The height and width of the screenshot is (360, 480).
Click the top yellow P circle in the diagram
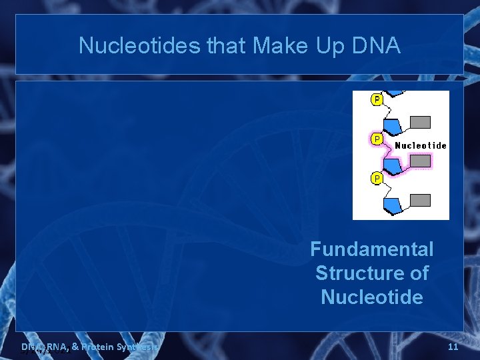377,100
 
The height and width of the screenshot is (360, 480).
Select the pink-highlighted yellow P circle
377,139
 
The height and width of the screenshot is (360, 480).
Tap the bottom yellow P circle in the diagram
377,179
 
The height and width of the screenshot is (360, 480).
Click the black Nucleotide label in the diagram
421,145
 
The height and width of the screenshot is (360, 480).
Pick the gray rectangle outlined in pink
420,161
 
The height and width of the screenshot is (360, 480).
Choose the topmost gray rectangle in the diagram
420,122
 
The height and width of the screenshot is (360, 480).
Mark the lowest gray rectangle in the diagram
420,200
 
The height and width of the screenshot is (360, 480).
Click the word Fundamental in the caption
371,249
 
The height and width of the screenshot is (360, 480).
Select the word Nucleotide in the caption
371,297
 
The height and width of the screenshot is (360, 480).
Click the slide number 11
453,347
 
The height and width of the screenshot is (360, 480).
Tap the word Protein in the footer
97,347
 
